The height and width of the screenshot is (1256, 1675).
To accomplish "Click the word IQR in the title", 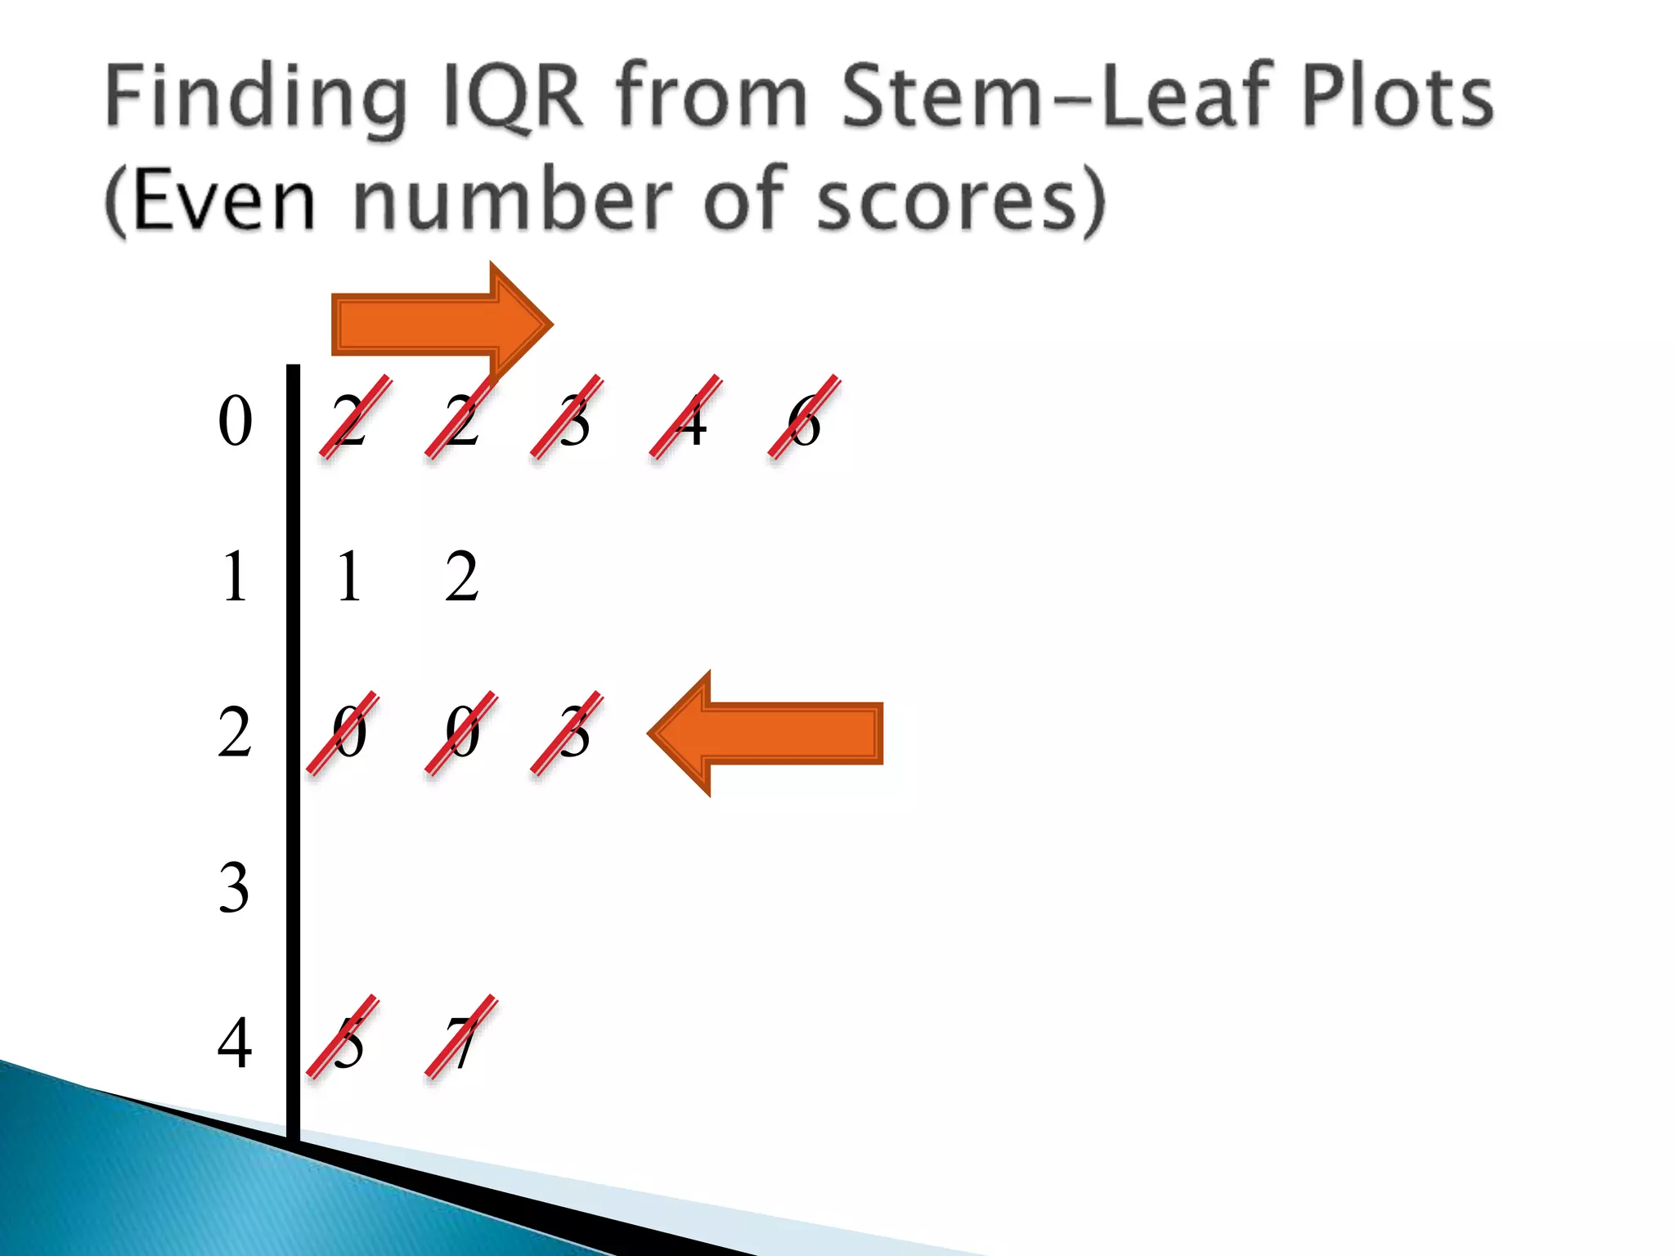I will [x=513, y=98].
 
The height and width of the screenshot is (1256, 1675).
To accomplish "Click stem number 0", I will [x=235, y=421].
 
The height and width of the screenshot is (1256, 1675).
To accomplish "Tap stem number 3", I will [x=234, y=888].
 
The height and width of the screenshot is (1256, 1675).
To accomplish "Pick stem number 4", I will [x=235, y=1043].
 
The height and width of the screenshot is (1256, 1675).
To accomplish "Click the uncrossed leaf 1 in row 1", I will [x=349, y=576].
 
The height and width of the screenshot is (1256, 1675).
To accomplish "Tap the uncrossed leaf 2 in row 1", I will [x=462, y=576].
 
